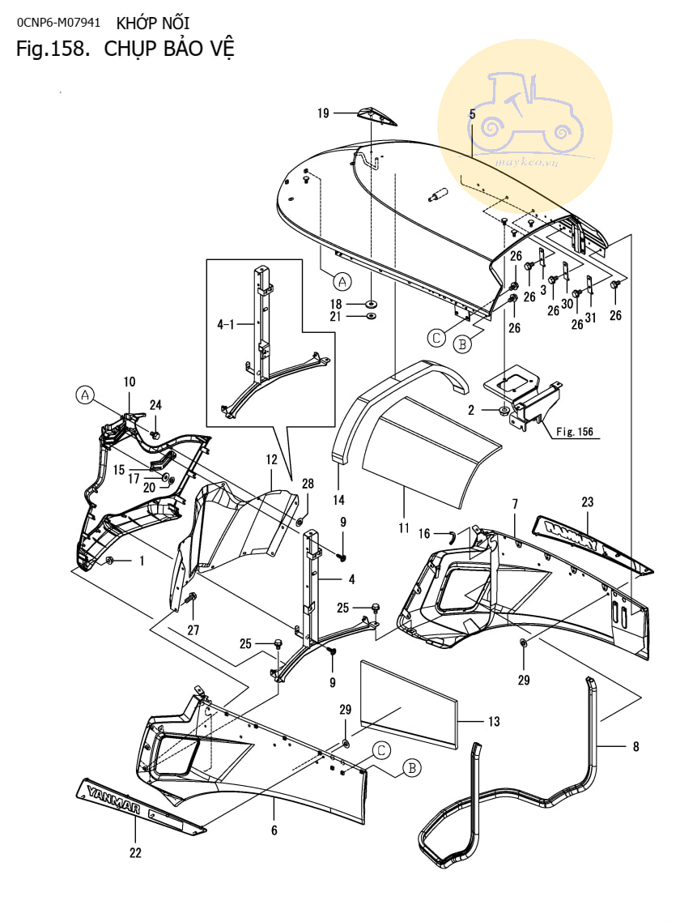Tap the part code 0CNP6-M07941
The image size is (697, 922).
click(58, 22)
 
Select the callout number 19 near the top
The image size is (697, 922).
click(323, 113)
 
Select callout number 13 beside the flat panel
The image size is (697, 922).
click(494, 721)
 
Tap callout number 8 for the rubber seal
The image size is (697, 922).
click(635, 746)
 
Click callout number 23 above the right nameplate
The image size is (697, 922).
click(587, 502)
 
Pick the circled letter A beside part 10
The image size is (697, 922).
click(85, 395)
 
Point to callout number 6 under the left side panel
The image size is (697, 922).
click(274, 830)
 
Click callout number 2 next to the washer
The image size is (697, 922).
click(471, 411)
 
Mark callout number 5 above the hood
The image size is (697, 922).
click(472, 114)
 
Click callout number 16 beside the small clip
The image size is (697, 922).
click(424, 534)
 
